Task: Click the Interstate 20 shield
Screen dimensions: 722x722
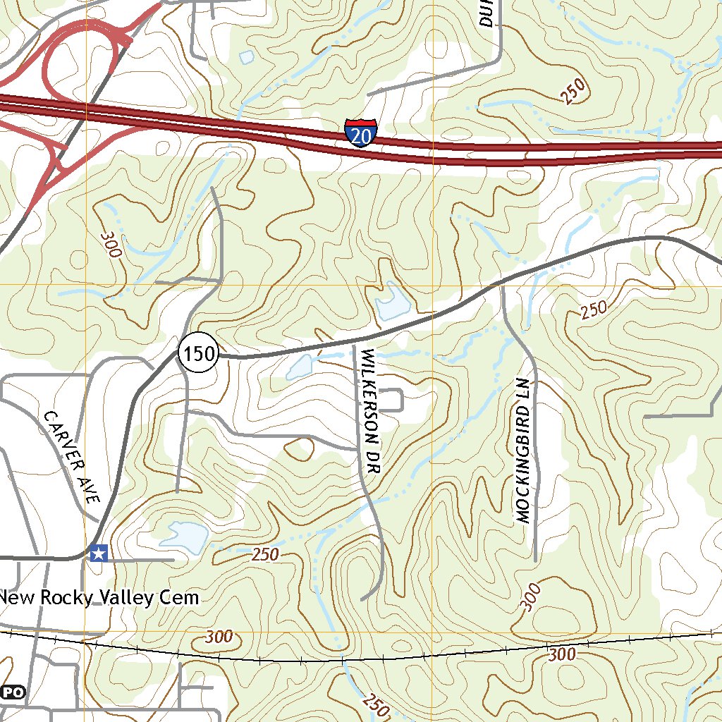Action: [x=361, y=133]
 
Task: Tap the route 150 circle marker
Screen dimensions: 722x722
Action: [x=200, y=353]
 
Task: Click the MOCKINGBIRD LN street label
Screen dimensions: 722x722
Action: [x=527, y=451]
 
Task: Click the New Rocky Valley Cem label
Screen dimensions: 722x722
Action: [x=99, y=598]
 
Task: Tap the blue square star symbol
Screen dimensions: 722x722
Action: [x=99, y=553]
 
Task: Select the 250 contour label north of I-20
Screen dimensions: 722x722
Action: [x=574, y=92]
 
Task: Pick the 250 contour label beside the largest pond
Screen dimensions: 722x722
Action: [x=265, y=554]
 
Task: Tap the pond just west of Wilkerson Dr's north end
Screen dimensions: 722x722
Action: [x=299, y=367]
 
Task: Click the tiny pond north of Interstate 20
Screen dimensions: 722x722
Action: [x=246, y=56]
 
